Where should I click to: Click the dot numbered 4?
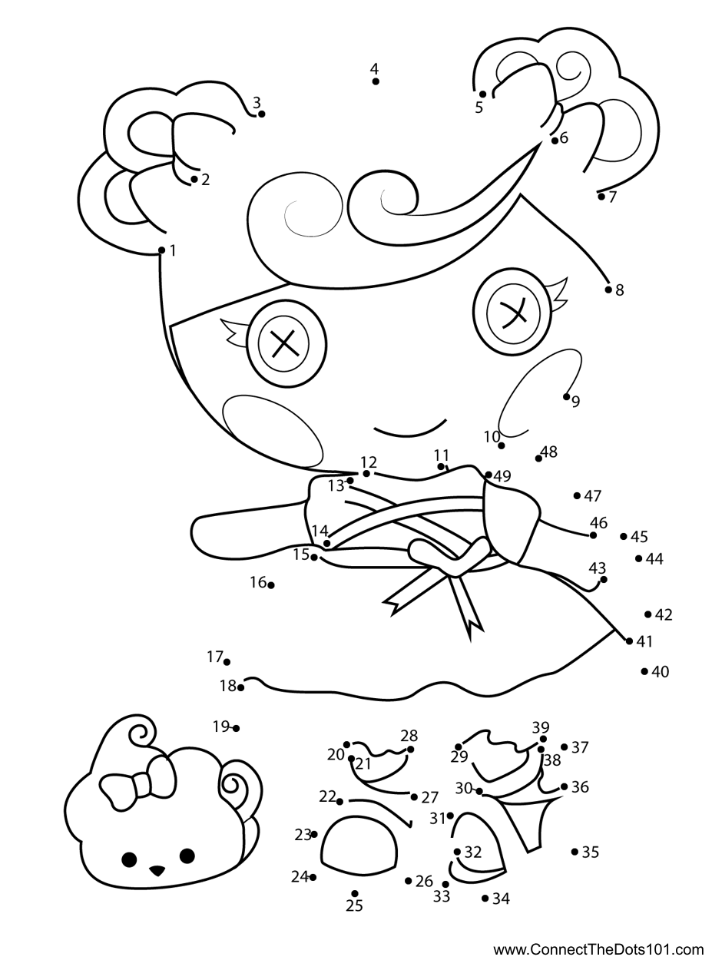click(376, 81)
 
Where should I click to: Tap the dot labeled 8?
click(608, 290)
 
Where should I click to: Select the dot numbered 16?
click(271, 585)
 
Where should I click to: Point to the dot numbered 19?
click(236, 728)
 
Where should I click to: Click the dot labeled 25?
click(355, 893)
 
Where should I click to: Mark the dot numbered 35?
click(575, 851)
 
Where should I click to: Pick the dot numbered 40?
click(644, 671)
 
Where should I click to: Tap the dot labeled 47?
click(577, 496)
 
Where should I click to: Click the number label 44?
click(654, 559)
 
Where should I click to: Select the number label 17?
click(214, 657)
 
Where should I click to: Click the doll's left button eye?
click(283, 343)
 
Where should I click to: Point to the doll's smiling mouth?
click(409, 428)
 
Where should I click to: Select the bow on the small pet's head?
click(139, 782)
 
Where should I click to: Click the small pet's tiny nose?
click(157, 870)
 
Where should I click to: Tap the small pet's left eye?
click(129, 858)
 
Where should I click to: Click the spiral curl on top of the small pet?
click(141, 734)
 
